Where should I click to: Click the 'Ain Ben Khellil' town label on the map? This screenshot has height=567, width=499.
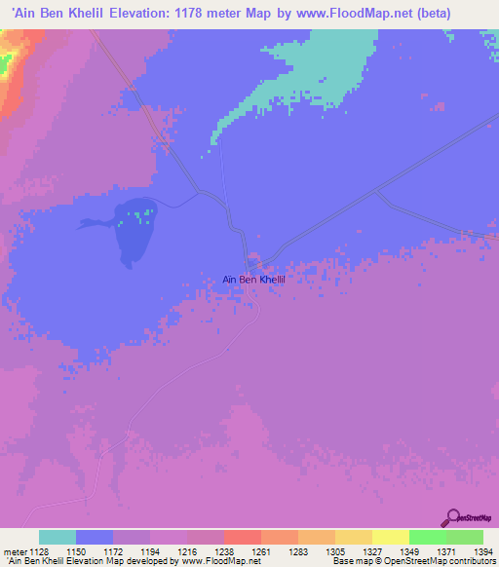(259, 279)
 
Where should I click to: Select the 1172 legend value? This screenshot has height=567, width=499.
(113, 552)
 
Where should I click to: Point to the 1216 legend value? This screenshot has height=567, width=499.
(187, 552)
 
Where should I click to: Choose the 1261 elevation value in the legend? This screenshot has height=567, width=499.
(261, 552)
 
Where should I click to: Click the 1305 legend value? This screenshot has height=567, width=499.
(335, 552)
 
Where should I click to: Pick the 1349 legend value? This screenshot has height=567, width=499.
(409, 552)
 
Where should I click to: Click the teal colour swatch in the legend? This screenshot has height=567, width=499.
(58, 537)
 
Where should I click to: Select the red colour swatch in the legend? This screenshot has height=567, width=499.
(243, 537)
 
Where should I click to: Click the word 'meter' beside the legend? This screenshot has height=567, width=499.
(13, 552)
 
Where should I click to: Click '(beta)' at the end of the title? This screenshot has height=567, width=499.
(470, 13)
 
